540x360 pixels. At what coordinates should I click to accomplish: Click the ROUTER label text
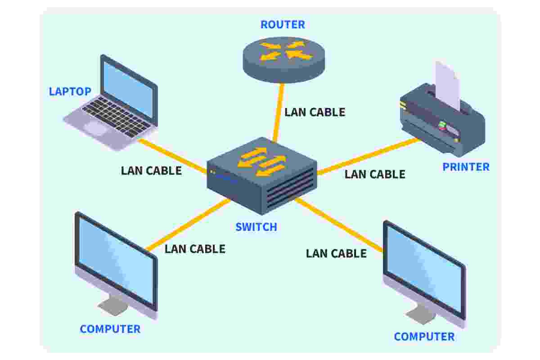pos(283,25)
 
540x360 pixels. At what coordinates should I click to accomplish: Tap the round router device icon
pos(284,60)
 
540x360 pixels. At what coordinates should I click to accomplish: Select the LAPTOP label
pos(70,91)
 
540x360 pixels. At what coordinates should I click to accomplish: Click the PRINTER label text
pos(466,167)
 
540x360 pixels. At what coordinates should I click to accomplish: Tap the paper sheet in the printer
pos(448,85)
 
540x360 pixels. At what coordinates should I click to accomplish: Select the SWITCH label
pos(256,227)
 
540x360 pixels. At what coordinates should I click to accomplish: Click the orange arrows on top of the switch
pos(262,162)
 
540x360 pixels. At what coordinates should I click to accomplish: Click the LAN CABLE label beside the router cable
pos(315,112)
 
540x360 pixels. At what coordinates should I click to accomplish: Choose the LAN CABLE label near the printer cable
pos(375,174)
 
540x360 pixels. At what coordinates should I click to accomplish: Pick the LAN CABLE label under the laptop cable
pos(151,171)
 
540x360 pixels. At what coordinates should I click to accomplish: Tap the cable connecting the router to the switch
pos(279,112)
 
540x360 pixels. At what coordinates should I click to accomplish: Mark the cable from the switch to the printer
pos(369,156)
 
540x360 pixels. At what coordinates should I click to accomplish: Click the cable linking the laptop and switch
pos(172,156)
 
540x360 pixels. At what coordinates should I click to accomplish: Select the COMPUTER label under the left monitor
pos(110,329)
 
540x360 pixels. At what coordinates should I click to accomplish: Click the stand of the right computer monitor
pos(421,314)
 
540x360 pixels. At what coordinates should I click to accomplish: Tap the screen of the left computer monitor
pos(116,261)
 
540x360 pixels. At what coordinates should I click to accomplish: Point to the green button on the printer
pos(442,125)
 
